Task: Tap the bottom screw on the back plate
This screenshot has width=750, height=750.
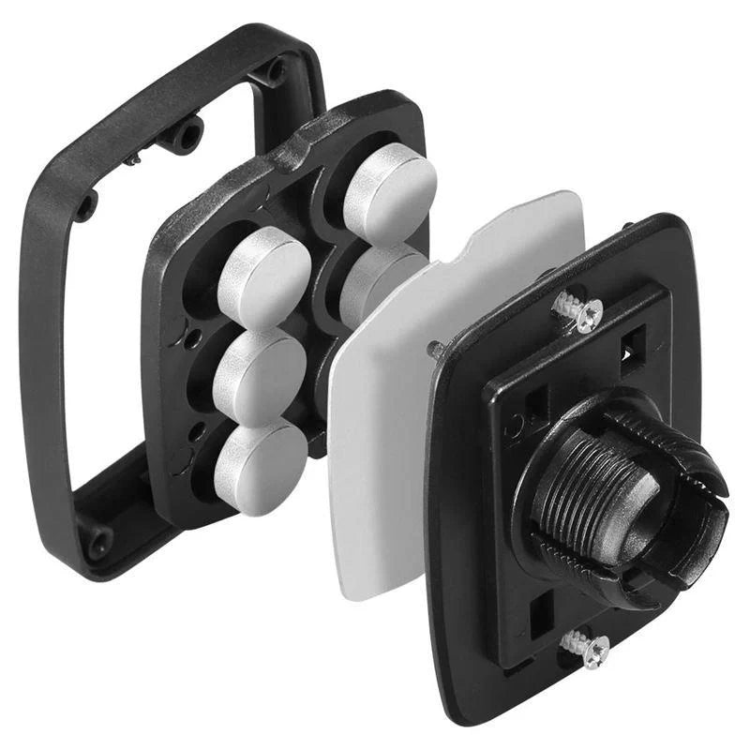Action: pyautogui.click(x=583, y=648)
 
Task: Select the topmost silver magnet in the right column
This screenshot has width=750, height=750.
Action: pyautogui.click(x=389, y=193)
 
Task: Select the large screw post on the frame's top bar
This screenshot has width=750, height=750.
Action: pyautogui.click(x=187, y=135)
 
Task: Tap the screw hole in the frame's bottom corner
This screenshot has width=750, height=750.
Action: pyautogui.click(x=96, y=541)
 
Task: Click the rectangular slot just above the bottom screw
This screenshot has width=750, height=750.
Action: pyautogui.click(x=542, y=614)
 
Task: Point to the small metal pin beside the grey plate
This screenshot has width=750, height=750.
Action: pyautogui.click(x=436, y=350)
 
